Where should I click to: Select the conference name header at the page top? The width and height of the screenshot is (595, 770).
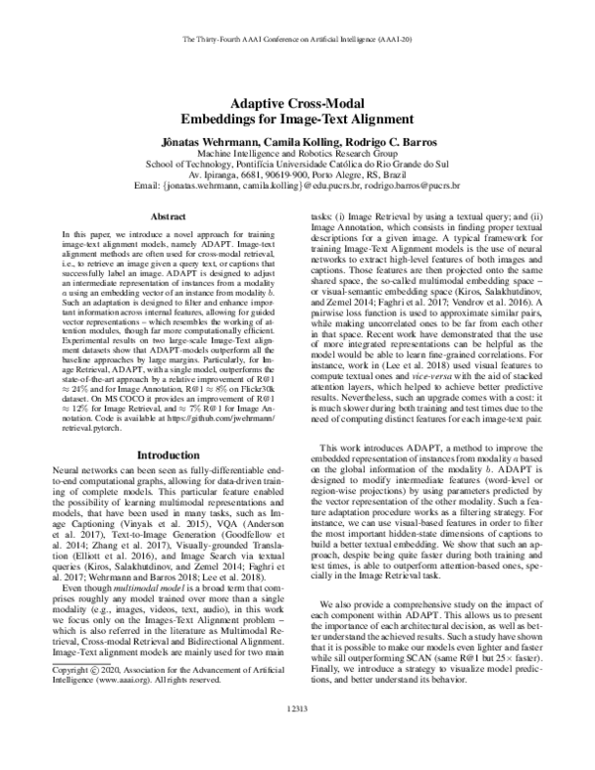pyautogui.click(x=297, y=40)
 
